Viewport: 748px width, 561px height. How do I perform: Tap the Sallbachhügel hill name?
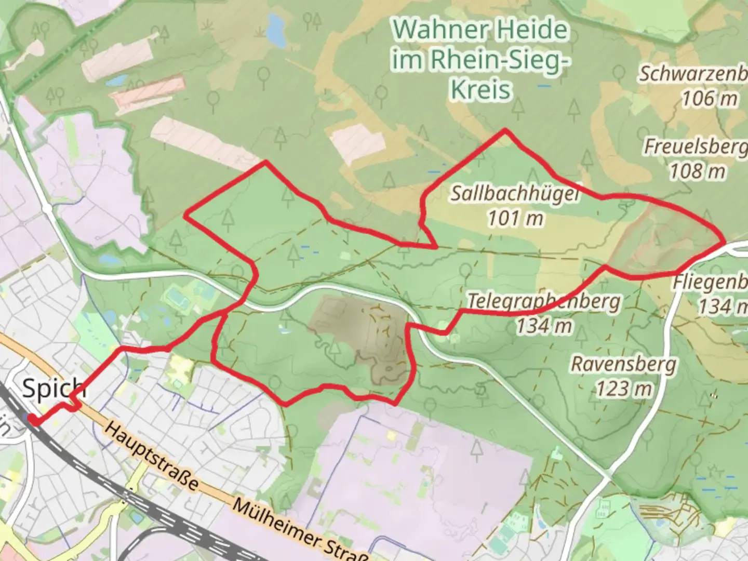pyautogui.click(x=514, y=193)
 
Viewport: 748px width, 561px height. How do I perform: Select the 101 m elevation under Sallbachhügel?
pyautogui.click(x=515, y=218)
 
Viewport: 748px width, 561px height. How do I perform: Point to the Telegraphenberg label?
pyautogui.click(x=544, y=302)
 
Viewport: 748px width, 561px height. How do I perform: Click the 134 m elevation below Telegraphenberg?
pyautogui.click(x=544, y=326)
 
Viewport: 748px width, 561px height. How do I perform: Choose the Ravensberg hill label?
pyautogui.click(x=624, y=364)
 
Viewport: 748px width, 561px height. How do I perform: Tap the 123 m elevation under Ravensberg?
pyautogui.click(x=623, y=388)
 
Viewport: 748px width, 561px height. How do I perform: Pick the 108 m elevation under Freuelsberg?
pyautogui.click(x=697, y=171)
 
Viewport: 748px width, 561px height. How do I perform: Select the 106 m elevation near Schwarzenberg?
pyautogui.click(x=709, y=98)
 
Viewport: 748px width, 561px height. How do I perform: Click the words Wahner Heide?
pyautogui.click(x=480, y=30)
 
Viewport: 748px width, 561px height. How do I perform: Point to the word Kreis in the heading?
pyautogui.click(x=480, y=89)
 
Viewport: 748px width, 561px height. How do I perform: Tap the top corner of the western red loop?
pyautogui.click(x=266, y=162)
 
